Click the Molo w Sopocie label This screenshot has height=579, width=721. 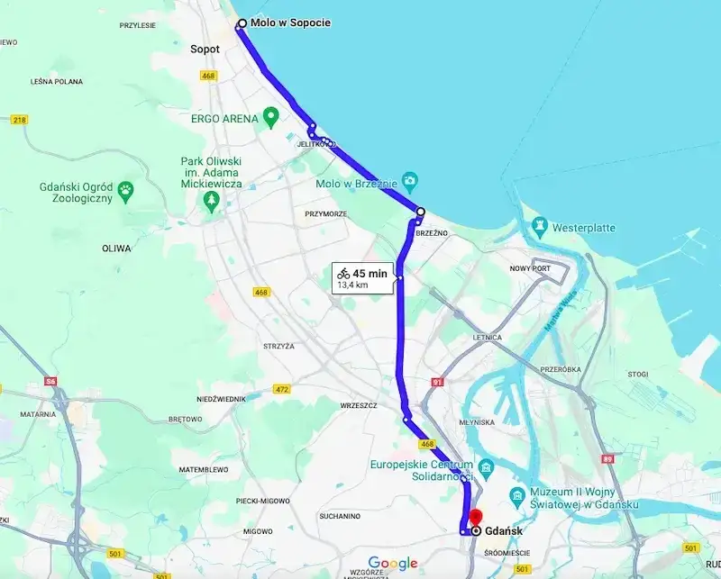click(x=290, y=23)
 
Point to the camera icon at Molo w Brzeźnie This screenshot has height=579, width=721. click(x=409, y=180)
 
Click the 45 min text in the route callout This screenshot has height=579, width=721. click(x=370, y=273)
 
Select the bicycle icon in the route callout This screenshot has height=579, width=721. click(x=343, y=273)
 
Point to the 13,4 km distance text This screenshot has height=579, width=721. click(x=351, y=285)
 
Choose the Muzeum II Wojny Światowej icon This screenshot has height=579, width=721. click(x=518, y=495)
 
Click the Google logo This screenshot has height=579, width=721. click(x=393, y=564)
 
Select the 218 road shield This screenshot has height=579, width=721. click(x=19, y=119)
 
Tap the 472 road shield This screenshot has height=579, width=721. click(x=282, y=389)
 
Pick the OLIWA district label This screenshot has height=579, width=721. click(x=115, y=248)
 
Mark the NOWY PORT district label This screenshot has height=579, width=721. click(x=531, y=268)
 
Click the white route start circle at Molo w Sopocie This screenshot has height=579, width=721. click(x=242, y=24)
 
